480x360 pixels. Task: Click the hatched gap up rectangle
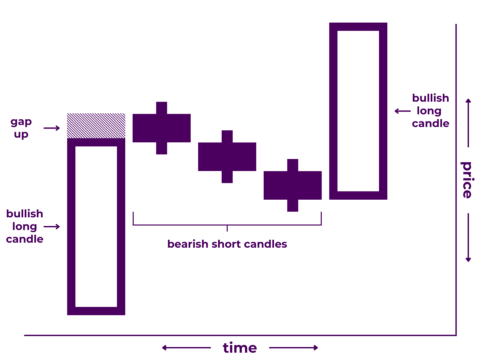pos(96,125)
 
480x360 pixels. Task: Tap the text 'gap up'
pos(22,127)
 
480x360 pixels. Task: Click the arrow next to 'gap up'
pos(51,128)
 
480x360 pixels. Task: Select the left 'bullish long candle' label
pos(24,226)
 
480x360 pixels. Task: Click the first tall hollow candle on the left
pos(96,227)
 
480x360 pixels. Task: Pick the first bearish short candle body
pos(161,128)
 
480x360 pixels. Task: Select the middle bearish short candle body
pos(227,157)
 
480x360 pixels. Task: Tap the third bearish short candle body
pos(292,185)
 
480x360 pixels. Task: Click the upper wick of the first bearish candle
pos(161,107)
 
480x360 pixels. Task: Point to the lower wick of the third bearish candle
pos(292,205)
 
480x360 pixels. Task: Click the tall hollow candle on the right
pos(357,110)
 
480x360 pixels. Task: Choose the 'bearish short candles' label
pos(227,243)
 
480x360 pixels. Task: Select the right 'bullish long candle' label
pos(431,110)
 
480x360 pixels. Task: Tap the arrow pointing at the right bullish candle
pos(401,111)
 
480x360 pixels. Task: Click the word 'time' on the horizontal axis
pos(239,348)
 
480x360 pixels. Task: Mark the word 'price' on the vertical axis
pos(467,180)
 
